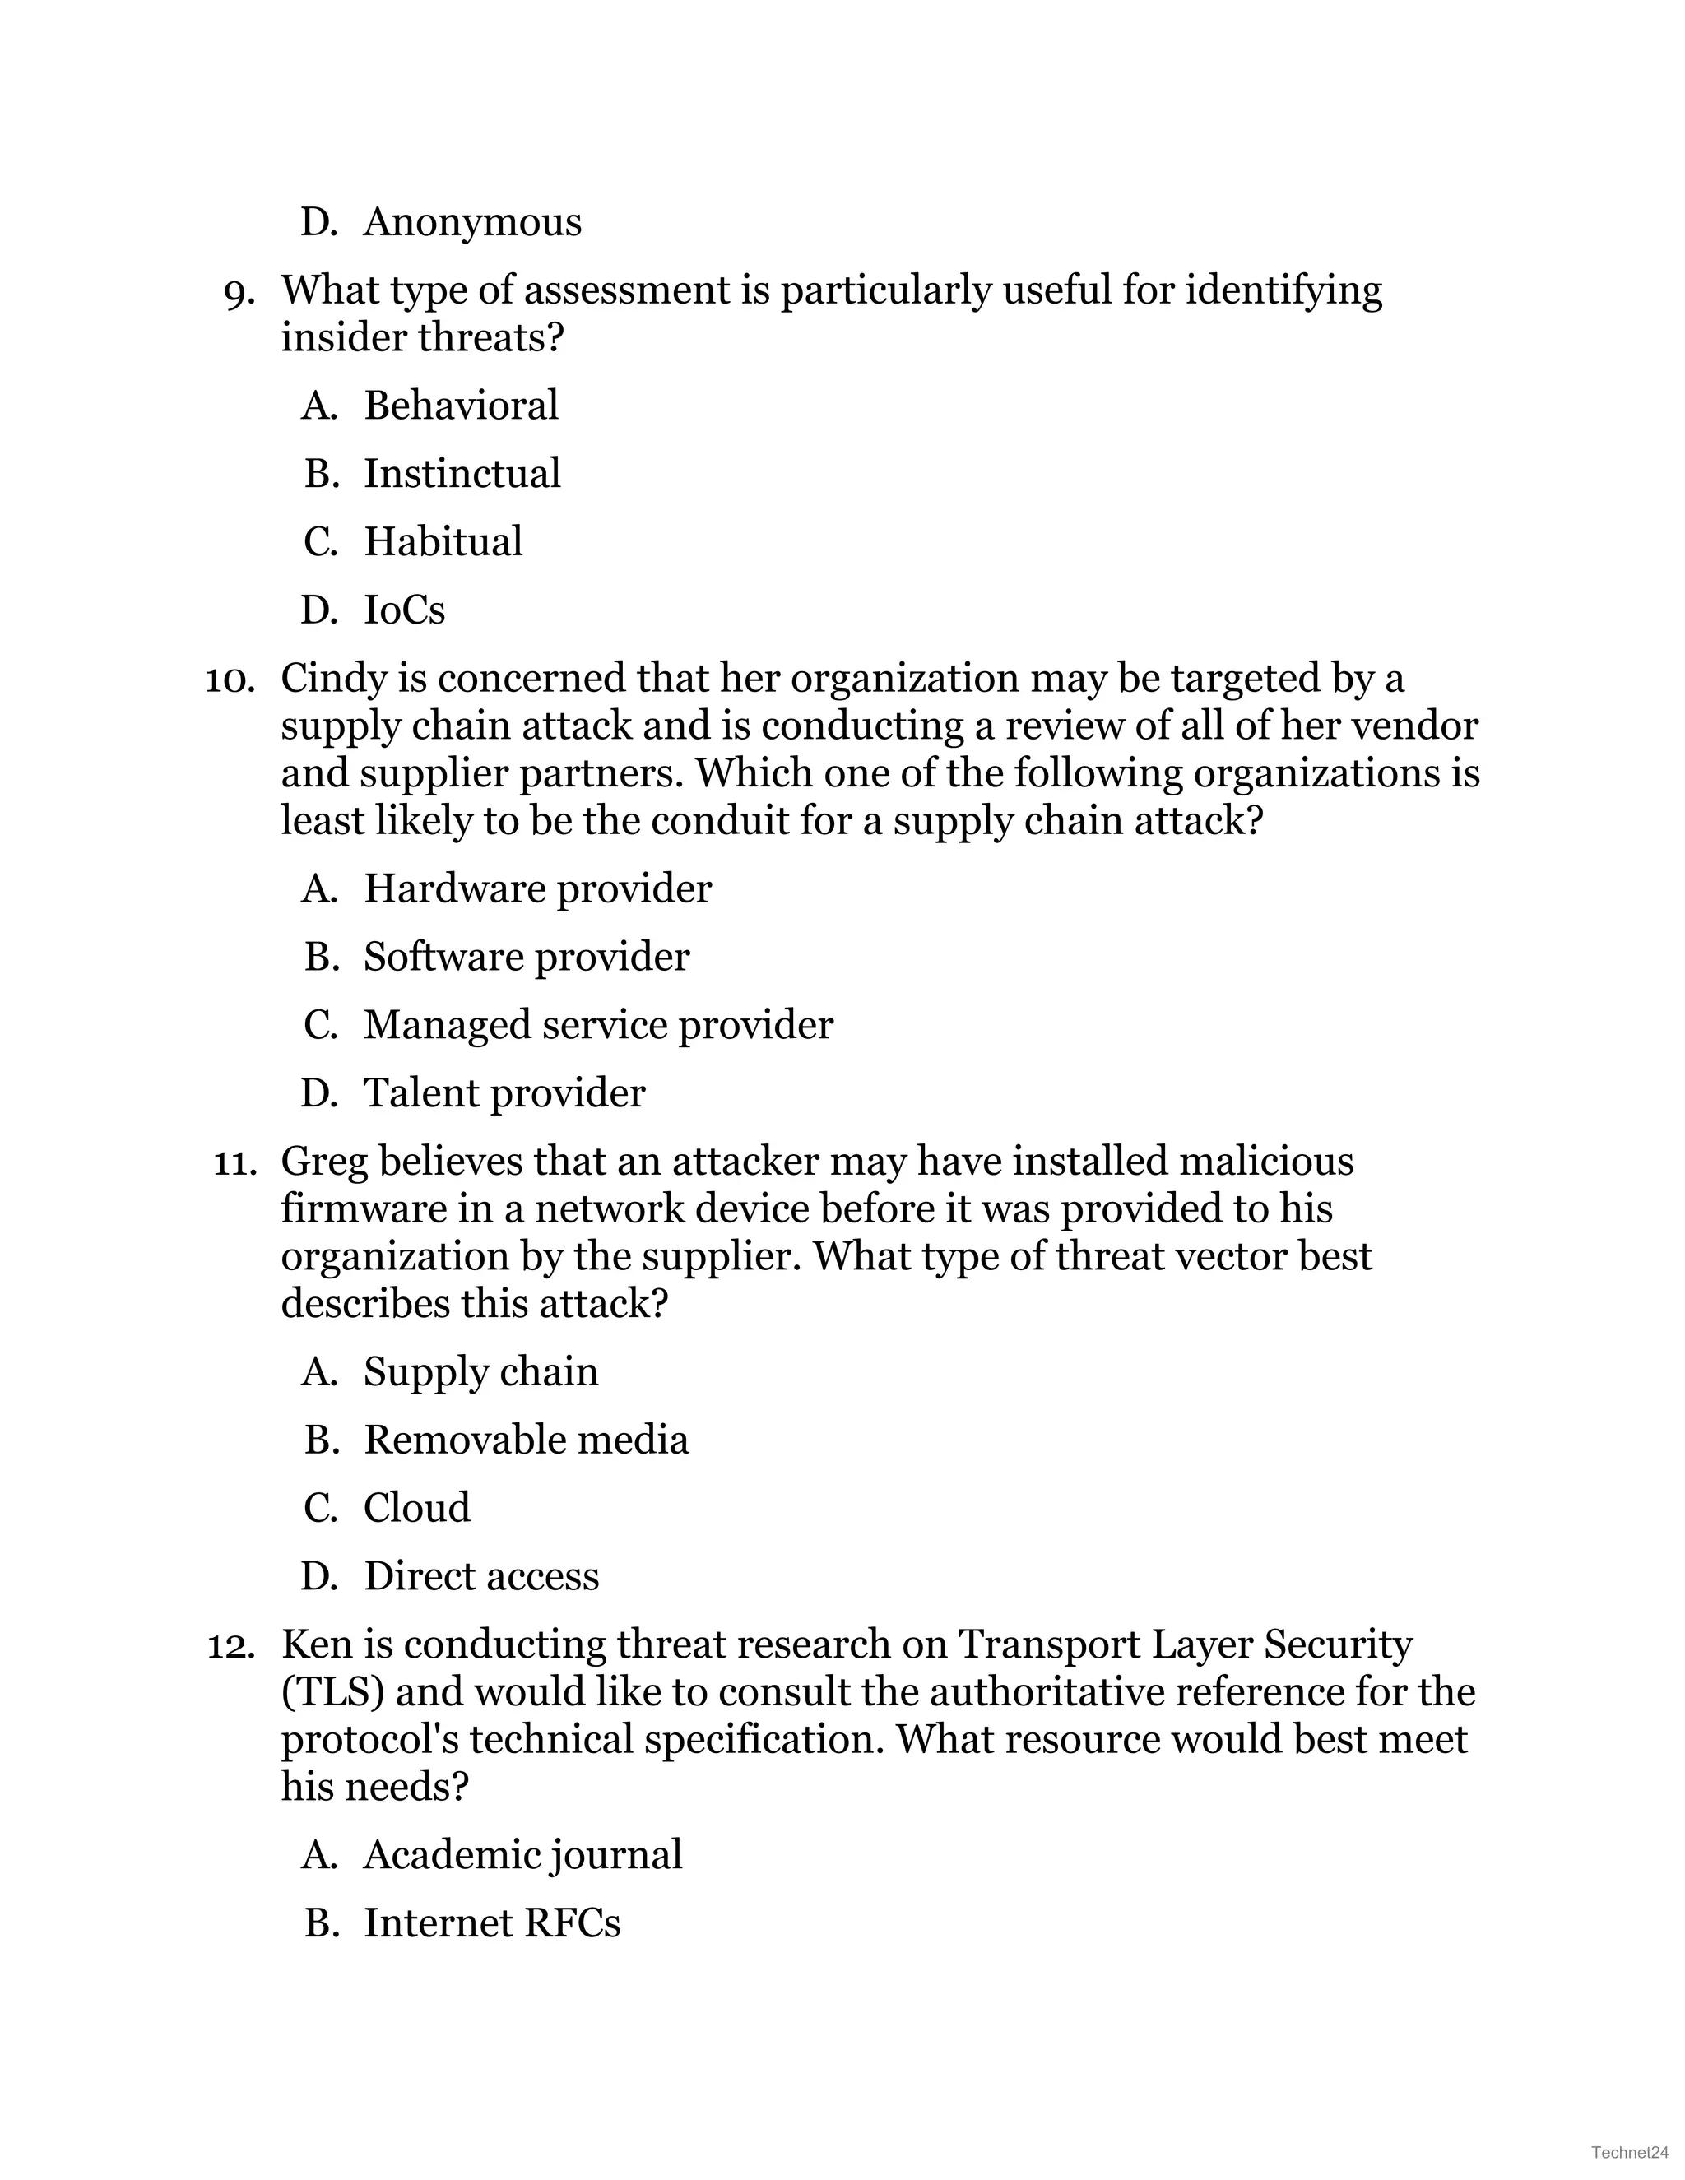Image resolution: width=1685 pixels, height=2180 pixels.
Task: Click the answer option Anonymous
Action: click(x=471, y=221)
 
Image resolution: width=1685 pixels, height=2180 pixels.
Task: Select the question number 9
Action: click(x=239, y=291)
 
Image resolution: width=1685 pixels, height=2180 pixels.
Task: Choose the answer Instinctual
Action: click(x=462, y=473)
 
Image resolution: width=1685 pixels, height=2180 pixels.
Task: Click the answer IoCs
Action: click(x=403, y=610)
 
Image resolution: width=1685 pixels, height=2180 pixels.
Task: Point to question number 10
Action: click(x=230, y=680)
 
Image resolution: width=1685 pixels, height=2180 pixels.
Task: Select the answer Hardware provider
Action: click(x=537, y=888)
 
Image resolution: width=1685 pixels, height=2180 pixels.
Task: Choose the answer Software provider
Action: click(x=526, y=956)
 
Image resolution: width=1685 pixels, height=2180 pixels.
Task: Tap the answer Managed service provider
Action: click(x=598, y=1025)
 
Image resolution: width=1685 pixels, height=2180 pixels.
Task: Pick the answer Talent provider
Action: click(x=504, y=1093)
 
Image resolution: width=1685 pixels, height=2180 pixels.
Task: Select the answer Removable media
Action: click(x=526, y=1440)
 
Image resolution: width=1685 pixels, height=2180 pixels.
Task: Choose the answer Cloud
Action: click(x=416, y=1507)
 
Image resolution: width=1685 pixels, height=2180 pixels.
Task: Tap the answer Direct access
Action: click(x=481, y=1576)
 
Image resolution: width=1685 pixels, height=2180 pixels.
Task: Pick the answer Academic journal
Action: click(x=522, y=1854)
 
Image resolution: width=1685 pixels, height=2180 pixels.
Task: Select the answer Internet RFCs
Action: click(x=491, y=1923)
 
